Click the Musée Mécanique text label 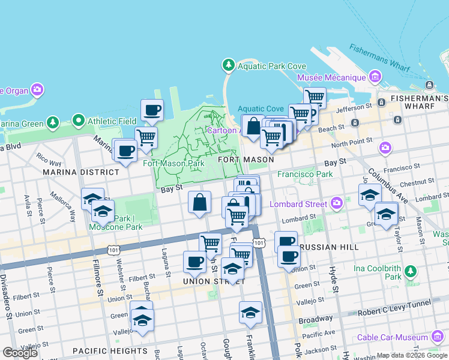(332, 77)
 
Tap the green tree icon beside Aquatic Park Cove (228, 64)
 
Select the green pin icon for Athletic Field (79, 121)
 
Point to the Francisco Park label (304, 175)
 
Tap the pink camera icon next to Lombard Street (337, 203)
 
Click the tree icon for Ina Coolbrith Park (410, 271)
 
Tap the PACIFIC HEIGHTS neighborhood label (110, 351)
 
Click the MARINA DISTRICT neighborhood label (81, 172)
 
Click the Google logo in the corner (20, 353)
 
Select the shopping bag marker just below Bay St (200, 202)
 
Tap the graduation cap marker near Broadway (250, 312)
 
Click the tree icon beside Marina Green (53, 123)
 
